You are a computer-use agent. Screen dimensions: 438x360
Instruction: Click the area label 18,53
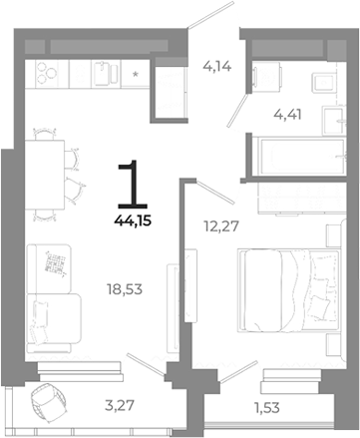(123, 290)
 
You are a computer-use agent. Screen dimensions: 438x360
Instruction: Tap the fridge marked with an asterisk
(136, 72)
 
